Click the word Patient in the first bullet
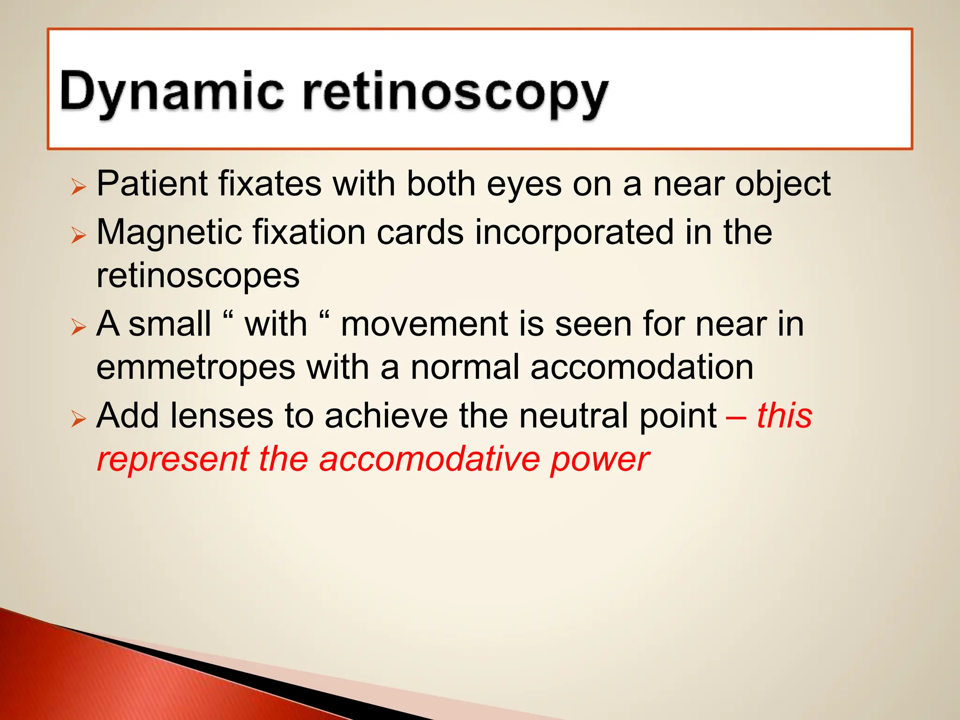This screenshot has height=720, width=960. (x=152, y=184)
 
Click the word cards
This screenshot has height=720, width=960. (x=420, y=232)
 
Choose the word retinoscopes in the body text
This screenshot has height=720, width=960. (x=198, y=277)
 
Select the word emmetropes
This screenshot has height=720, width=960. (x=195, y=367)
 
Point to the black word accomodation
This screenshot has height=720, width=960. (x=642, y=367)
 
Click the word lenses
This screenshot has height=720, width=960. (x=222, y=416)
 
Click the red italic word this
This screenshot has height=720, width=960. (x=784, y=416)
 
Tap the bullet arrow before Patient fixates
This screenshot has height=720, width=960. (x=79, y=187)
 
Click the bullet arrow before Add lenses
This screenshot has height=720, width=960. (x=79, y=419)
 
